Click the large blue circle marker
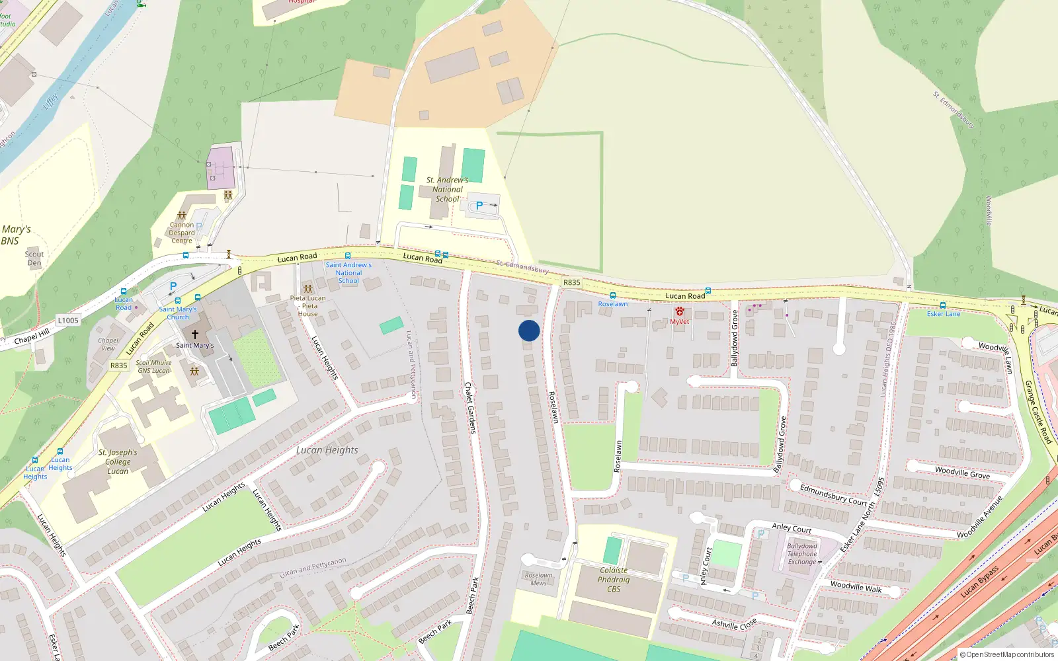click(x=529, y=330)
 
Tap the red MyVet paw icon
click(x=679, y=311)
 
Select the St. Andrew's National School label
click(x=447, y=189)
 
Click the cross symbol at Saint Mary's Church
click(x=194, y=334)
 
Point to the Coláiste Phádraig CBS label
click(x=614, y=580)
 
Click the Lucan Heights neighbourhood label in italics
click(x=327, y=450)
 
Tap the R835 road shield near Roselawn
click(x=571, y=282)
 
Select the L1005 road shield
click(x=67, y=321)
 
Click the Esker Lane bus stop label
click(x=943, y=314)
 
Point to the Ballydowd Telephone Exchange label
click(x=803, y=554)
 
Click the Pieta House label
click(x=307, y=306)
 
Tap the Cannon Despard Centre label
click(x=182, y=233)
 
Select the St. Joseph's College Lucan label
click(x=118, y=462)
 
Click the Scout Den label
click(x=34, y=258)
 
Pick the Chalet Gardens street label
click(x=470, y=407)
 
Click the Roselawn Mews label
click(x=538, y=579)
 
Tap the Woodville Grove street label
click(x=962, y=473)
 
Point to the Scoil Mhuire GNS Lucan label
click(x=154, y=367)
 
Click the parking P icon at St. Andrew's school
click(x=479, y=206)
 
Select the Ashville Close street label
click(x=734, y=624)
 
